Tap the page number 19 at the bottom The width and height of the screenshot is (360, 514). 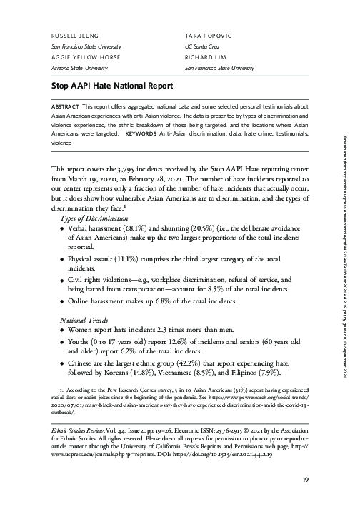click(x=305, y=498)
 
